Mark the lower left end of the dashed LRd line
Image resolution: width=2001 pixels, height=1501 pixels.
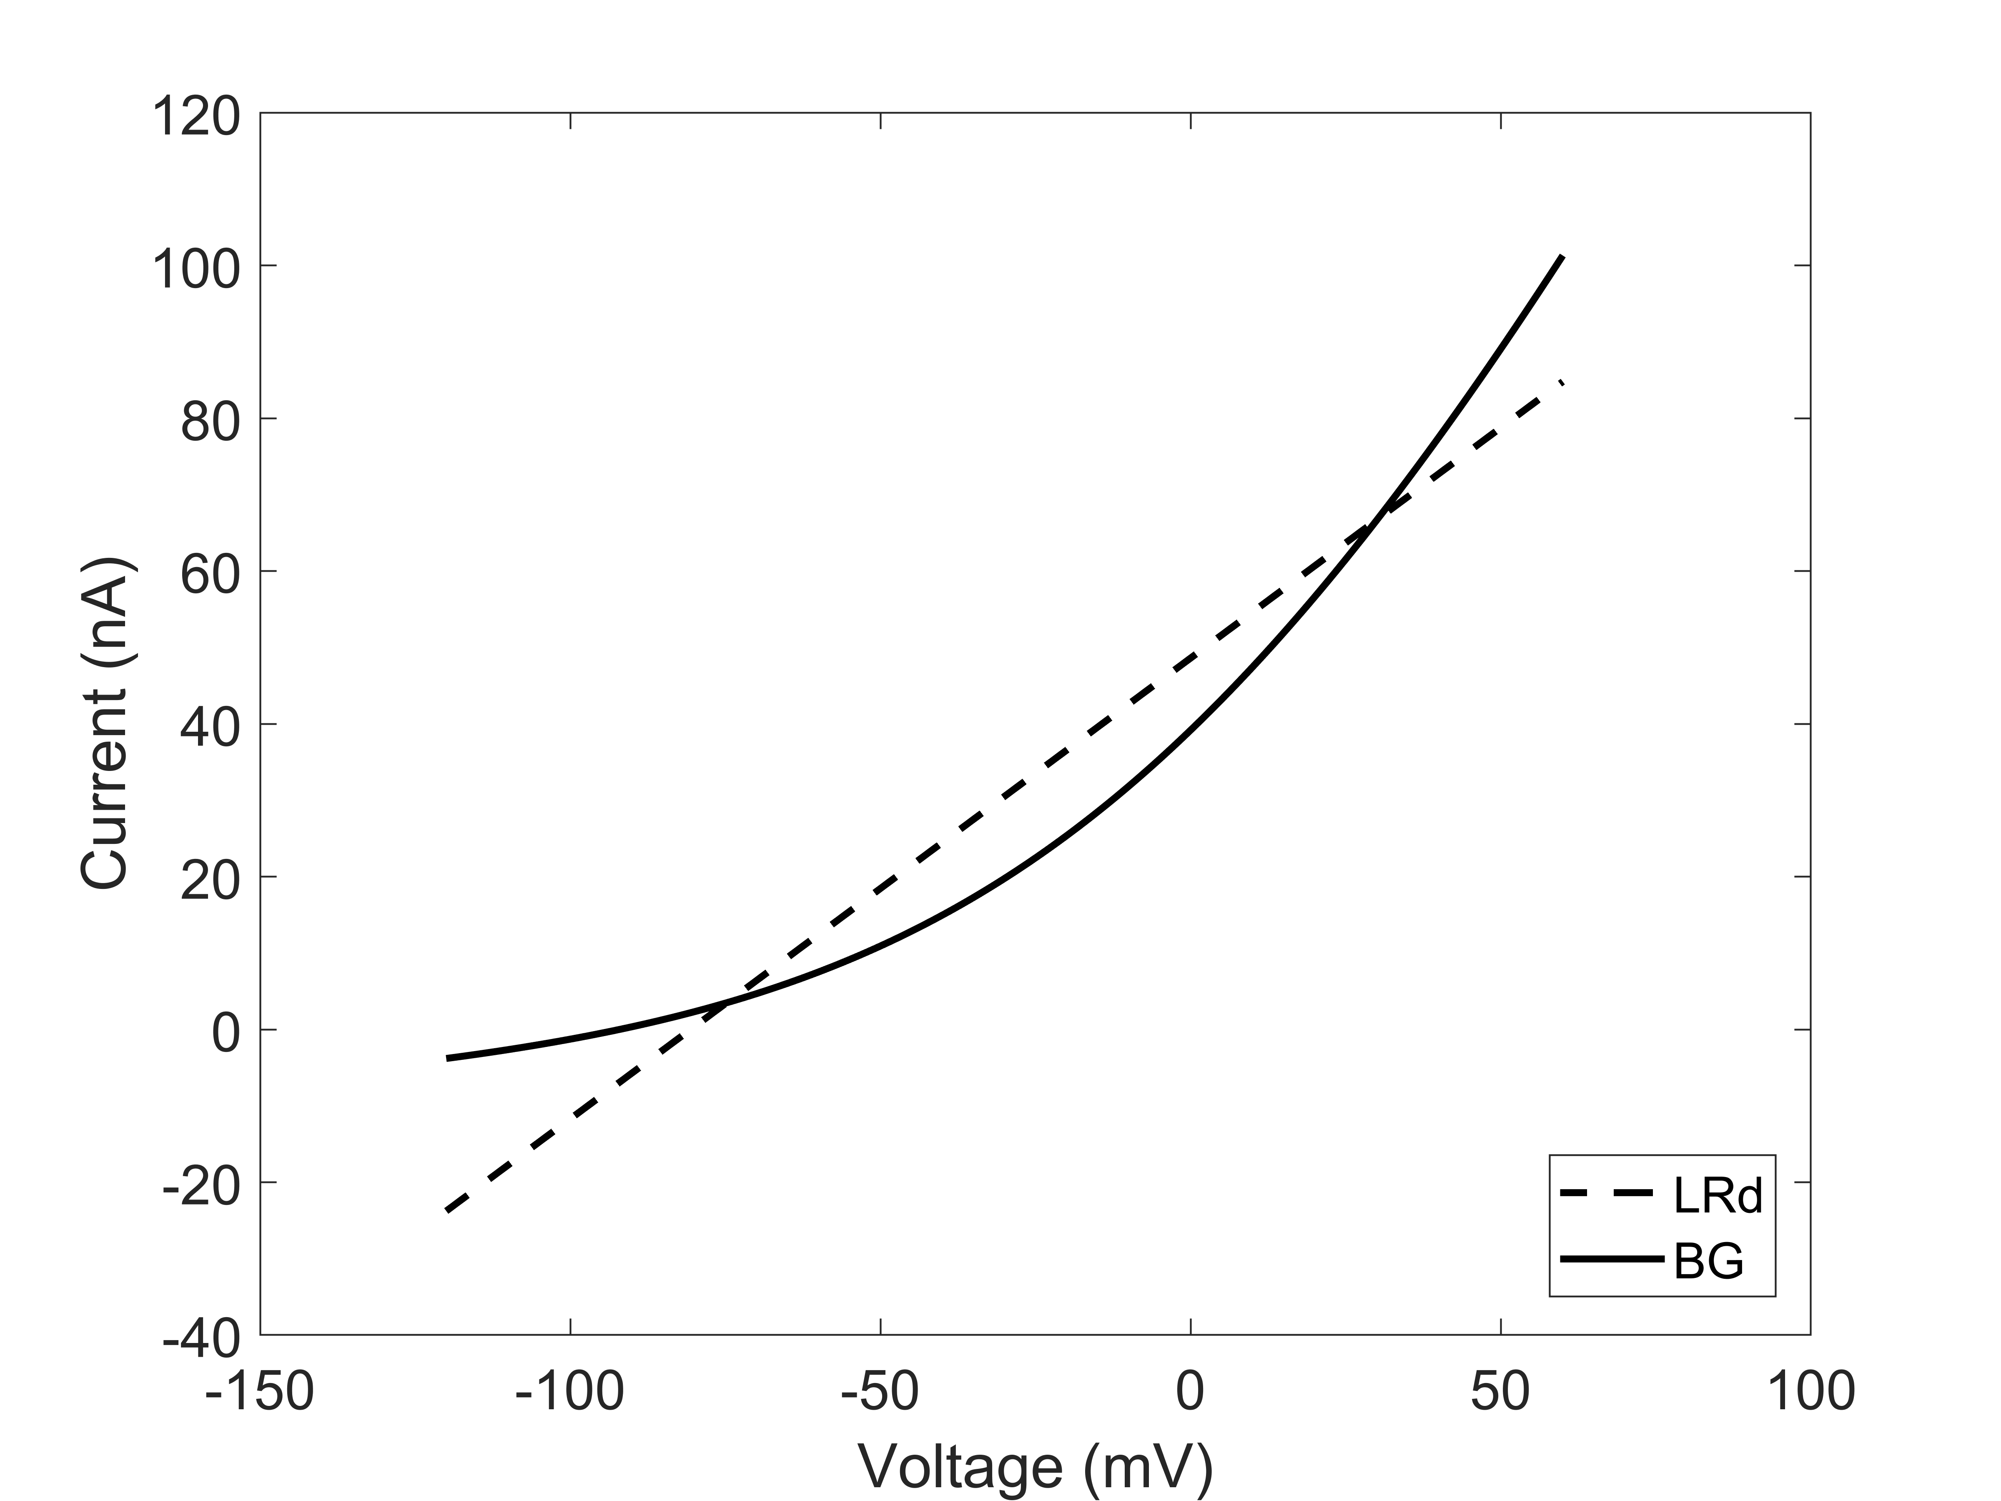448,1209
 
